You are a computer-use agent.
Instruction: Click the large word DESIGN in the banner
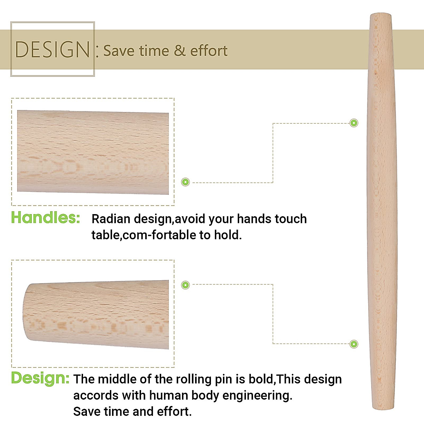(x=53, y=49)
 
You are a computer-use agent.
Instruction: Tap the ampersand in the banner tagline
(x=179, y=51)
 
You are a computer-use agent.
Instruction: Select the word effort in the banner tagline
(x=208, y=51)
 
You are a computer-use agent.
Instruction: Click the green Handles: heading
(x=46, y=218)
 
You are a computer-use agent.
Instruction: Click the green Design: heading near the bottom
(x=40, y=378)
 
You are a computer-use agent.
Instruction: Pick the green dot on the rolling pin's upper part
(x=353, y=123)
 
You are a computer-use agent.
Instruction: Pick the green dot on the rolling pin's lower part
(x=353, y=344)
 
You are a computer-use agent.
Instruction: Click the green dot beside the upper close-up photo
(x=185, y=182)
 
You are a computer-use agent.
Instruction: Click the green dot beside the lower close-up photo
(x=185, y=285)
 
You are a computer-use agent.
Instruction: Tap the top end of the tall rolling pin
(x=380, y=16)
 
